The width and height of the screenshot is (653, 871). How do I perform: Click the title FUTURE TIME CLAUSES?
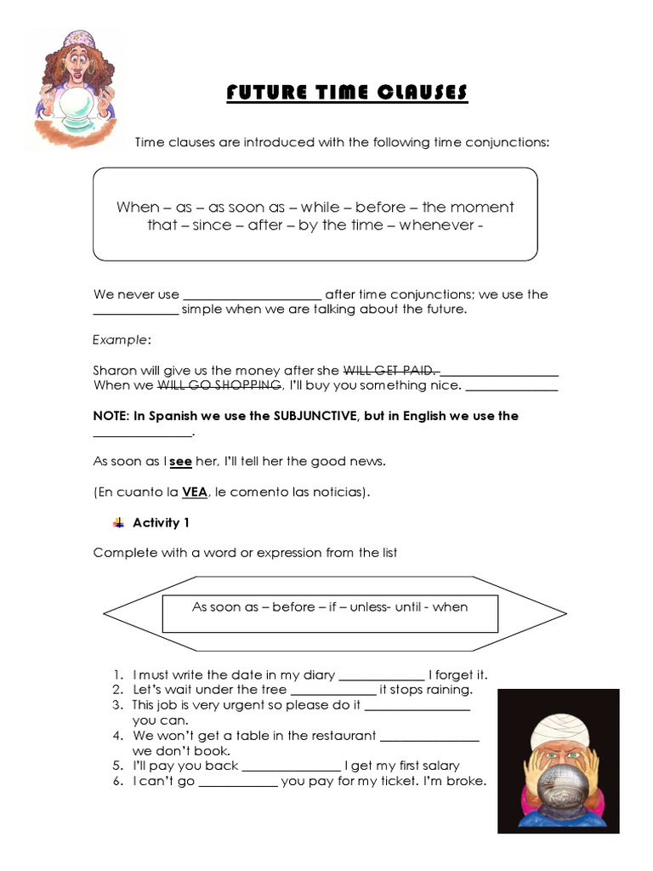347,93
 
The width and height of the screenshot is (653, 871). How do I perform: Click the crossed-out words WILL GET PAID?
389,370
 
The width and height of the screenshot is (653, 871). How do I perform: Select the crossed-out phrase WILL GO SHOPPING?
219,384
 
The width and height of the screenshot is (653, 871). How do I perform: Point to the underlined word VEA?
195,492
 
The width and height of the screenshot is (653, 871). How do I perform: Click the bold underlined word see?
181,461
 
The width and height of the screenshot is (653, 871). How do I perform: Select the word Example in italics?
121,339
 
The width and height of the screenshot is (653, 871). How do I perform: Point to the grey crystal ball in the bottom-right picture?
556,795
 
